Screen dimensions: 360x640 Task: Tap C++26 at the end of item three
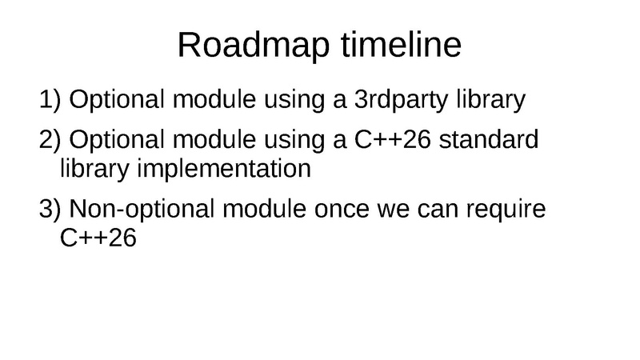(x=94, y=239)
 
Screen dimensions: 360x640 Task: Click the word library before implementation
(x=89, y=170)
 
